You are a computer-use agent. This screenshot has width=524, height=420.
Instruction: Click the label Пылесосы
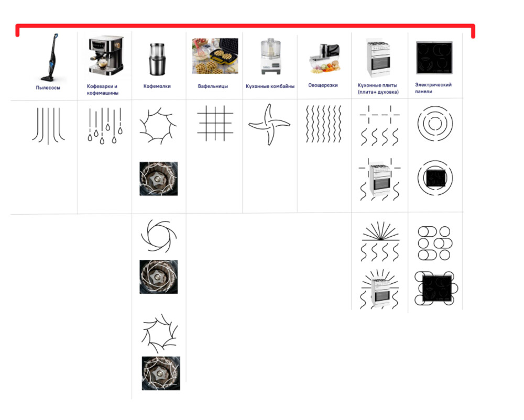(48, 88)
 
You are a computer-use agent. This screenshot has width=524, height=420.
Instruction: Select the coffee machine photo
(105, 55)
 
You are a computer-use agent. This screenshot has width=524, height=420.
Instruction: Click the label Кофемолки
(157, 86)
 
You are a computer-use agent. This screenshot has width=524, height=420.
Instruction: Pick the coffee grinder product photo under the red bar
(157, 59)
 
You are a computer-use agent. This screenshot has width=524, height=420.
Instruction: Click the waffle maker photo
(215, 56)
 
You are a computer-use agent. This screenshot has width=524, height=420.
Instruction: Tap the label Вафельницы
(213, 86)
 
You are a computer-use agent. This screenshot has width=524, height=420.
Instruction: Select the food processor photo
(271, 56)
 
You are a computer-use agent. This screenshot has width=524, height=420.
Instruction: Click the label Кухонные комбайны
(270, 86)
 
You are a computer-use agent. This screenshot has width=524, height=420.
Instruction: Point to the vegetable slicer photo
(324, 59)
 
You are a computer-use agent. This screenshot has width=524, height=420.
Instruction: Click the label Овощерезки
(323, 85)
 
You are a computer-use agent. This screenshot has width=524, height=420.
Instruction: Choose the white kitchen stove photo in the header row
(378, 58)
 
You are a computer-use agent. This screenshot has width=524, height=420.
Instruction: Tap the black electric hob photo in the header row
(434, 58)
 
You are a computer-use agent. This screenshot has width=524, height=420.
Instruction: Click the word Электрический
(433, 85)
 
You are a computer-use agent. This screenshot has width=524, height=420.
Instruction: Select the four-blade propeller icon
(269, 125)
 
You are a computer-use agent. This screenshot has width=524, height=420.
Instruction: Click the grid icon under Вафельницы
(215, 123)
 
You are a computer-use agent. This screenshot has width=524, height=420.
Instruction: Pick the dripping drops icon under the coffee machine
(105, 126)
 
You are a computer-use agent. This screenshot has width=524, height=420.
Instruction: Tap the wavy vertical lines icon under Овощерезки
(323, 124)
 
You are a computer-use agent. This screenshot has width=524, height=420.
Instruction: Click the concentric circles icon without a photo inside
(435, 124)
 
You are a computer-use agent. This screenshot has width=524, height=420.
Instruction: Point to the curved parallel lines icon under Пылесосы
(48, 126)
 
